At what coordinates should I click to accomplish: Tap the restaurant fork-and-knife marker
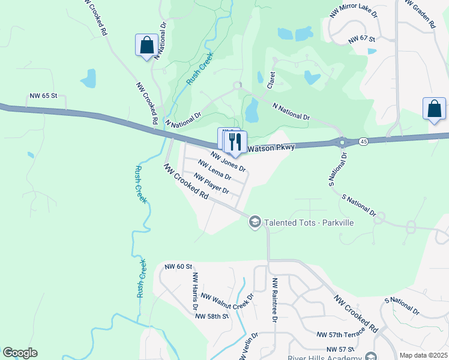coord(235,142)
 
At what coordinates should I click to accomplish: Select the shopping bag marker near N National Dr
coord(147,45)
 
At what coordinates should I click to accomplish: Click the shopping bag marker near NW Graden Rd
coord(435,109)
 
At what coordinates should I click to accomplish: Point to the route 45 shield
coord(363,141)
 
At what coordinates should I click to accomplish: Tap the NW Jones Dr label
coord(228,161)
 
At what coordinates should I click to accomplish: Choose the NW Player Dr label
coord(211,183)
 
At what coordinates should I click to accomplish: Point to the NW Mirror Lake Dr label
coord(354,11)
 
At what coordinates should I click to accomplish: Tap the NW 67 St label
coord(361,40)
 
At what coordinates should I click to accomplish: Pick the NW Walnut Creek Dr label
coord(228,297)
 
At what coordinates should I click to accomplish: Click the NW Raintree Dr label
coord(275,300)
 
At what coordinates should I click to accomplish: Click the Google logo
coord(20,353)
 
